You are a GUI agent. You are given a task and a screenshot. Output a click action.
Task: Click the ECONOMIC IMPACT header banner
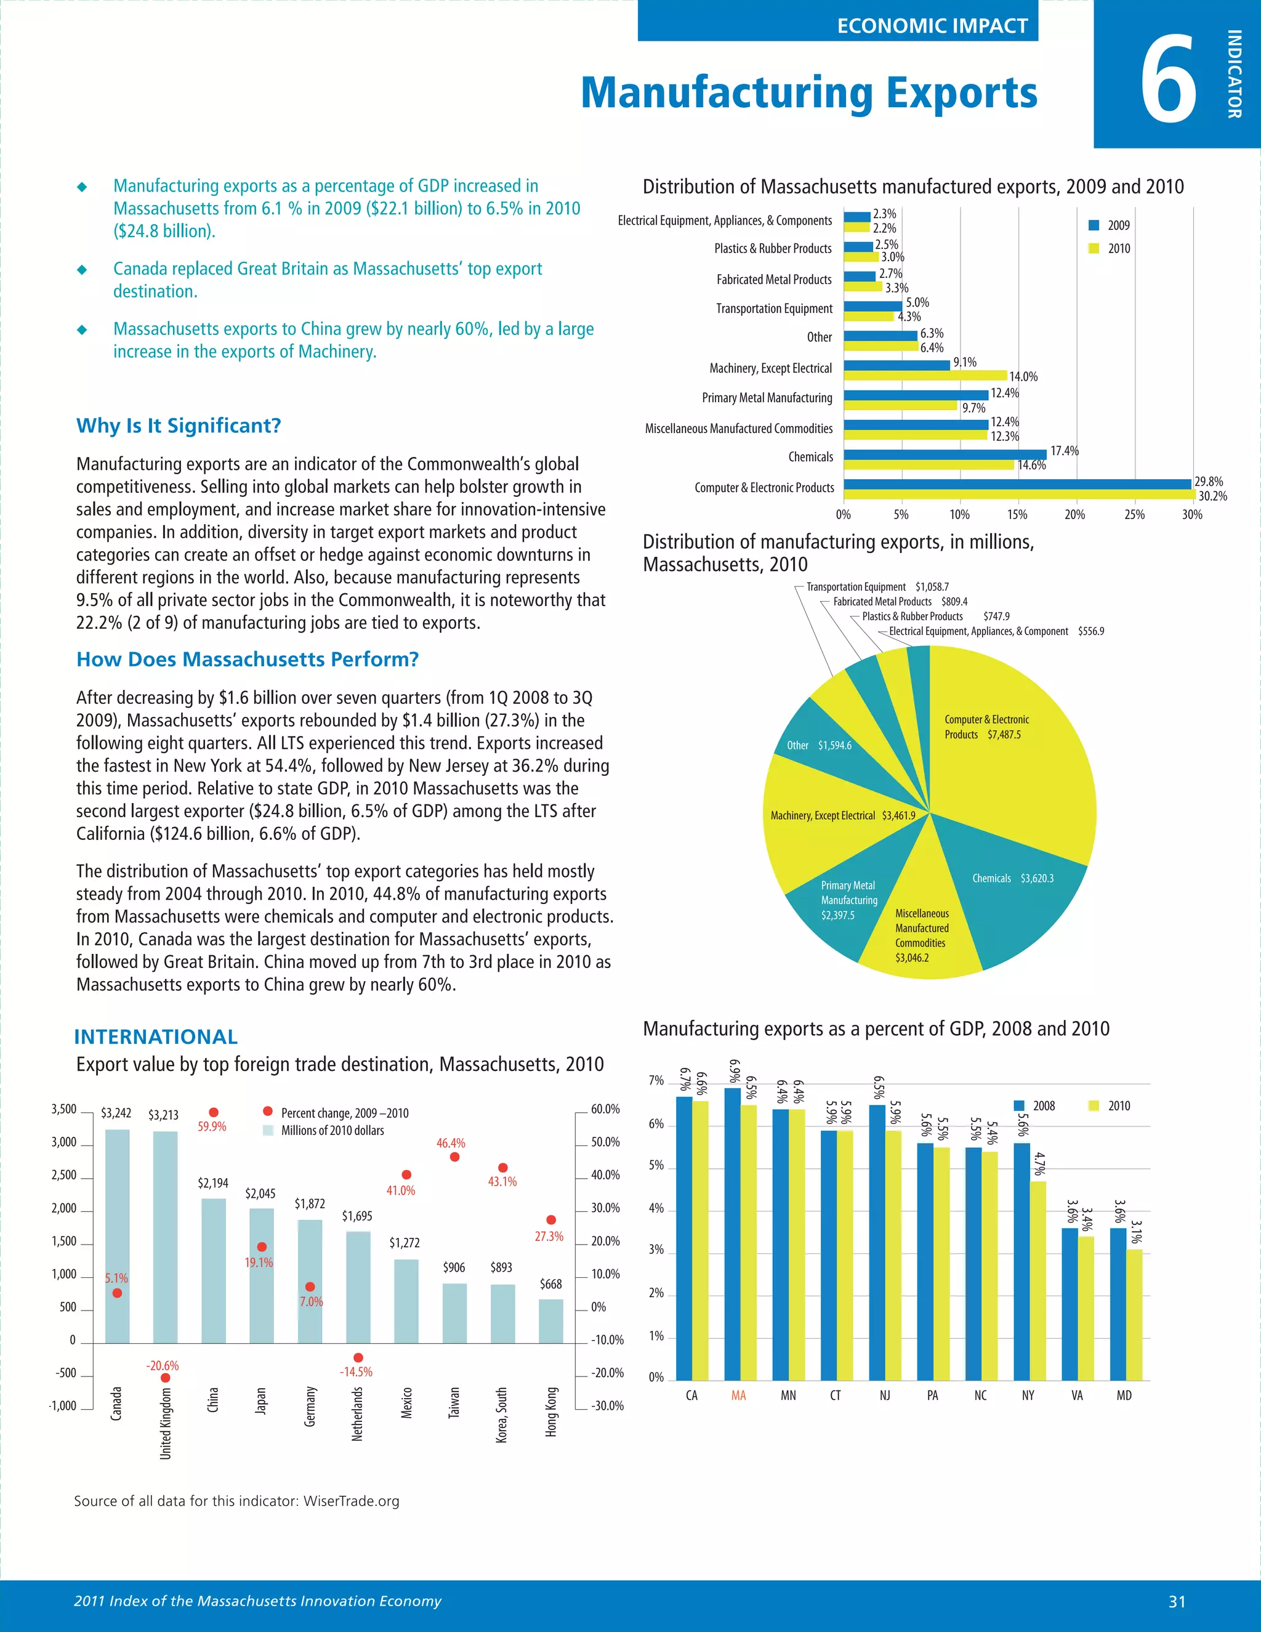(932, 25)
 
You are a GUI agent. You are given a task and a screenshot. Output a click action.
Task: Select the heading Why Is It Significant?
(179, 426)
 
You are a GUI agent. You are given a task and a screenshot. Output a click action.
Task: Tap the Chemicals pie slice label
(1012, 878)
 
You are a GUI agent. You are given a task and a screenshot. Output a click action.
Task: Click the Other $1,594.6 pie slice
(819, 745)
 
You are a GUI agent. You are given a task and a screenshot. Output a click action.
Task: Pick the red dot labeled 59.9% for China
(214, 1113)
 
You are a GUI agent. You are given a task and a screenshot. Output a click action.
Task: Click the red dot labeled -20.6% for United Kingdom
(165, 1378)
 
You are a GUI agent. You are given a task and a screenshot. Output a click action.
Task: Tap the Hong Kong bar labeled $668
(550, 1320)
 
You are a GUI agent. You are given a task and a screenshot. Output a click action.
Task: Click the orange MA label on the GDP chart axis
(739, 1395)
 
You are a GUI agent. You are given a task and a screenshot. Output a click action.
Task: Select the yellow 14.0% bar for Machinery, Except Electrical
(925, 375)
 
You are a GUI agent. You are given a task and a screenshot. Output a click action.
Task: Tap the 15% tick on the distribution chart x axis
(1017, 515)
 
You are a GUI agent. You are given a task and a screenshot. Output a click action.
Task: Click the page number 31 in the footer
(1177, 1601)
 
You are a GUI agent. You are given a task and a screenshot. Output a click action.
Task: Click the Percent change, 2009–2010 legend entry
(336, 1113)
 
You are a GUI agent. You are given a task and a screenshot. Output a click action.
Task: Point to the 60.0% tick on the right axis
(605, 1110)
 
